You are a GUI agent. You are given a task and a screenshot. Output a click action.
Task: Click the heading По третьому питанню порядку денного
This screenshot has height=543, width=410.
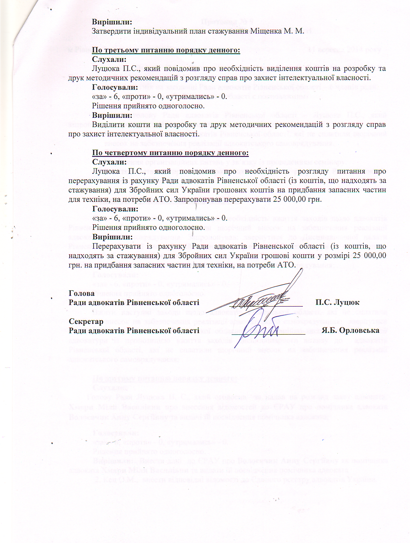coord(166,50)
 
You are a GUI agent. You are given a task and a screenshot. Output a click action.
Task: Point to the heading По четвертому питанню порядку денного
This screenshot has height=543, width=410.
coord(170,153)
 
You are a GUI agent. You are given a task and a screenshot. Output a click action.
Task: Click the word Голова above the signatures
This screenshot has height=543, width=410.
coord(81,293)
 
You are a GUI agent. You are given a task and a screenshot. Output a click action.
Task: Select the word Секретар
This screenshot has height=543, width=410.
coord(86,321)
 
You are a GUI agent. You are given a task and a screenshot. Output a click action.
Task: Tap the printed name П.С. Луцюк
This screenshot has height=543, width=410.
coord(337,302)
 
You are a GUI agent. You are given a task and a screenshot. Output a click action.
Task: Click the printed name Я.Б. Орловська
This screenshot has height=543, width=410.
coord(350,330)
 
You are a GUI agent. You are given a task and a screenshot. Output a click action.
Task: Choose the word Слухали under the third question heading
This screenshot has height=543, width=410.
coord(109,60)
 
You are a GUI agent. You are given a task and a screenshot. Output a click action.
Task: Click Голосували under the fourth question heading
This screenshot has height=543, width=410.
coord(115,209)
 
